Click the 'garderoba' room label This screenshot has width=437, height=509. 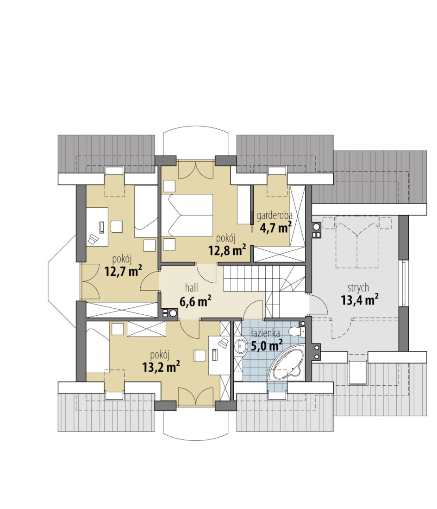pyautogui.click(x=274, y=215)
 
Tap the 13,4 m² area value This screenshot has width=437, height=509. pyautogui.click(x=360, y=300)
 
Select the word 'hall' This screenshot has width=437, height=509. pyautogui.click(x=191, y=287)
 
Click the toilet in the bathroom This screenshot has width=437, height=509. pyautogui.click(x=296, y=331)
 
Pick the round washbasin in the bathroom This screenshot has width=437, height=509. pyautogui.click(x=241, y=346)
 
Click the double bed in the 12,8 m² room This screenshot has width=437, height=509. pyautogui.click(x=187, y=215)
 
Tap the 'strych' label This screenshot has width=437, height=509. pyautogui.click(x=358, y=287)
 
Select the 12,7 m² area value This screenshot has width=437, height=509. pyautogui.click(x=123, y=270)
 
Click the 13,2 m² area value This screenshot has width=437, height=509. pyautogui.click(x=161, y=367)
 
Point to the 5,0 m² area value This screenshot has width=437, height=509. pyautogui.click(x=267, y=345)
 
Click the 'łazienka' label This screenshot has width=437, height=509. pyautogui.click(x=266, y=333)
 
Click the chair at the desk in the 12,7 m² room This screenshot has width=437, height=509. pyautogui.click(x=117, y=226)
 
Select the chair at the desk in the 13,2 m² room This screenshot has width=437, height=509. pyautogui.click(x=200, y=356)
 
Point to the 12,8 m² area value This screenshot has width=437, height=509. pyautogui.click(x=227, y=250)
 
